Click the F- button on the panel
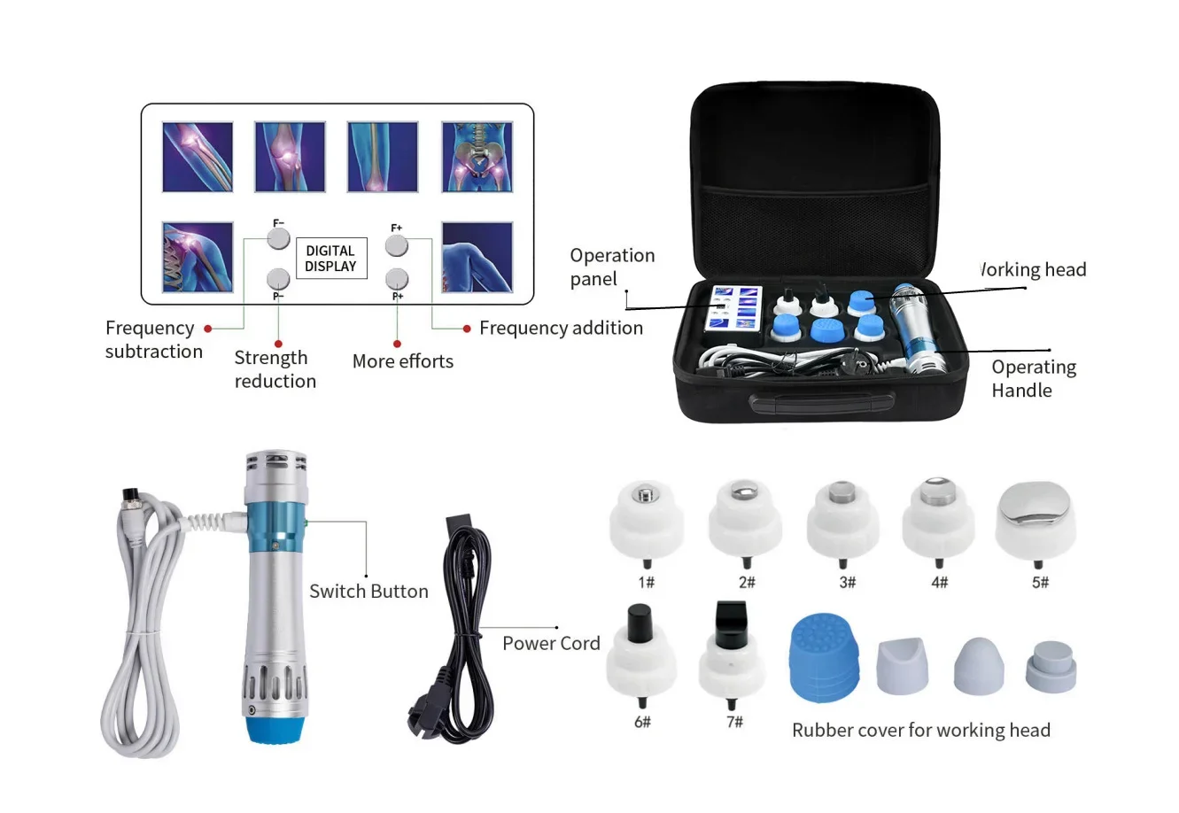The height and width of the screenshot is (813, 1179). coord(278,239)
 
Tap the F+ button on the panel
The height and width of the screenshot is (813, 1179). coord(396,244)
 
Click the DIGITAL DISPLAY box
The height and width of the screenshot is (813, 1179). coord(330,258)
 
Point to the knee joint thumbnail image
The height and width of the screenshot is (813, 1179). coord(290,157)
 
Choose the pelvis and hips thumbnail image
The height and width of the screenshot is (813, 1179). coord(477,157)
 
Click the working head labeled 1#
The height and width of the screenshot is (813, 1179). coord(646,523)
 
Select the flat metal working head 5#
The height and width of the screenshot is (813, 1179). coord(1036,523)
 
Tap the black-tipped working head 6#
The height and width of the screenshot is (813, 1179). coord(640,655)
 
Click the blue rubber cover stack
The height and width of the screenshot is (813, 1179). coord(823,657)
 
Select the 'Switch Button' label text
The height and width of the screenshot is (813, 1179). coord(368,592)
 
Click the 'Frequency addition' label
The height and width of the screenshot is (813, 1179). coord(561,328)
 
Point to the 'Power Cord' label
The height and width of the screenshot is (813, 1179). coord(551,644)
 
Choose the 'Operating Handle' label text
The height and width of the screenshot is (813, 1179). coord(1033,379)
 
